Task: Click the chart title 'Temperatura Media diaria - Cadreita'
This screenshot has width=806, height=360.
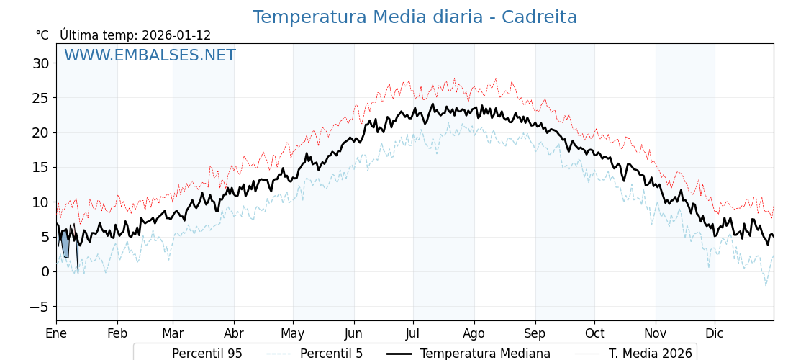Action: tap(415, 17)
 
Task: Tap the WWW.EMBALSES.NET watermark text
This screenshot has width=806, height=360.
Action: tap(150, 55)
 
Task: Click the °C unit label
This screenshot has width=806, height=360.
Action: tap(42, 35)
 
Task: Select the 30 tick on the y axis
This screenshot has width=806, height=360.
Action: tap(40, 63)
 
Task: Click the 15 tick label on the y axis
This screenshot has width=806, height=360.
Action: tap(40, 168)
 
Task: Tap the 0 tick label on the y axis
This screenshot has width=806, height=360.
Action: tap(45, 272)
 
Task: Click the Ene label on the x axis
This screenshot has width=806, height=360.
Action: tap(56, 333)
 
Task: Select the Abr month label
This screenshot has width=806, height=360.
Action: tap(234, 333)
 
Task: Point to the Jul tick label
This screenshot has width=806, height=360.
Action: tap(413, 333)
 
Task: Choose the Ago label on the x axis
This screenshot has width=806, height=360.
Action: tap(474, 333)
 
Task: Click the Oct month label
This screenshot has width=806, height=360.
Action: tap(594, 333)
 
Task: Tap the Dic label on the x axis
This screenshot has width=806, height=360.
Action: tap(715, 333)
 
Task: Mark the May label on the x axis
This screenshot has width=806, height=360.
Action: tap(293, 333)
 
